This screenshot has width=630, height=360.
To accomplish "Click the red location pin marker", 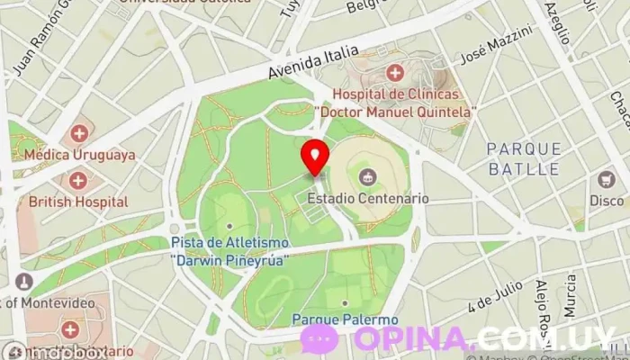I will click(x=314, y=157).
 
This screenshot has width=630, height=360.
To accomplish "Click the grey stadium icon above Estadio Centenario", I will click(x=366, y=175).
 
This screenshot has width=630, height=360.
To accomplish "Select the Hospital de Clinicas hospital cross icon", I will click(x=394, y=72).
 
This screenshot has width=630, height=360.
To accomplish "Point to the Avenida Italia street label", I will click(x=314, y=62).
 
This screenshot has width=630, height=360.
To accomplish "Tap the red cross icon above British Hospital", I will click(x=78, y=180).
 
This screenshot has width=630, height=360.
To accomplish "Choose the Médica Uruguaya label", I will click(x=80, y=155).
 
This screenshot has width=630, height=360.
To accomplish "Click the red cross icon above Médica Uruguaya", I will click(x=79, y=133).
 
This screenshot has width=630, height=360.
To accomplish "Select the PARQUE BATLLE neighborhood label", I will click(x=524, y=158).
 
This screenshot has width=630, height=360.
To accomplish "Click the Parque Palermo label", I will click(x=345, y=319).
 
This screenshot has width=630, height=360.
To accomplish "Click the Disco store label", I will click(x=607, y=201).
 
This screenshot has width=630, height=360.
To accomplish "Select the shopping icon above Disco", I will click(x=607, y=178).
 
